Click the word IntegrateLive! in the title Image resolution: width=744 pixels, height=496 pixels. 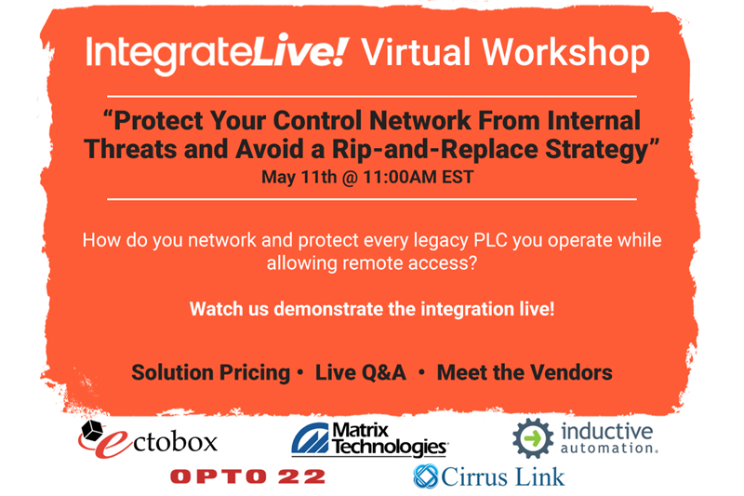point(218,54)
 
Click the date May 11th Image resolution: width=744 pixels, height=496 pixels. point(299,177)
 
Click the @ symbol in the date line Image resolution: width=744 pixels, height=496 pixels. point(351,178)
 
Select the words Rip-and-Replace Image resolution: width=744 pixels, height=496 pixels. point(435,149)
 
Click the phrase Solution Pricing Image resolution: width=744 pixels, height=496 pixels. point(211,372)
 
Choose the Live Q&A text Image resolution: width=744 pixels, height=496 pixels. point(361,372)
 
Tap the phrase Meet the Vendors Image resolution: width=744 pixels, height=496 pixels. point(525,372)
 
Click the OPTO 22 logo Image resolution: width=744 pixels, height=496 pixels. point(247,476)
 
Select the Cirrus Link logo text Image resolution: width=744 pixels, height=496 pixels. point(503,476)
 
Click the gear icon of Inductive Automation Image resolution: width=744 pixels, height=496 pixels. point(533,438)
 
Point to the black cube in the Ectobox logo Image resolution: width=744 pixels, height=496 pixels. point(92,431)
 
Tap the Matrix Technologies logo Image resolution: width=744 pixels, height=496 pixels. point(369,439)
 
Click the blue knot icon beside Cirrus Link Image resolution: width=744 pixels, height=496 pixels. point(426,476)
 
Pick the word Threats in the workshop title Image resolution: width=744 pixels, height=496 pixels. point(130,149)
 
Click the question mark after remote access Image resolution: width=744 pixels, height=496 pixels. point(472,263)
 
